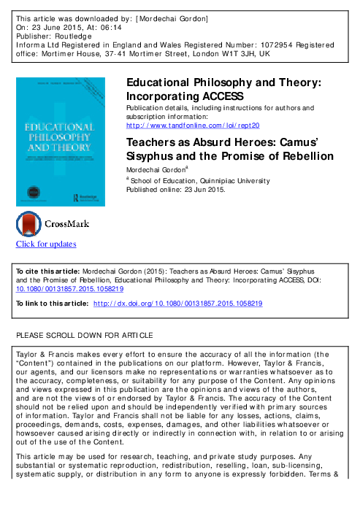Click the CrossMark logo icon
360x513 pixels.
[x=29, y=223]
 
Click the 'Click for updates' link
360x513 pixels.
[x=46, y=244]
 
